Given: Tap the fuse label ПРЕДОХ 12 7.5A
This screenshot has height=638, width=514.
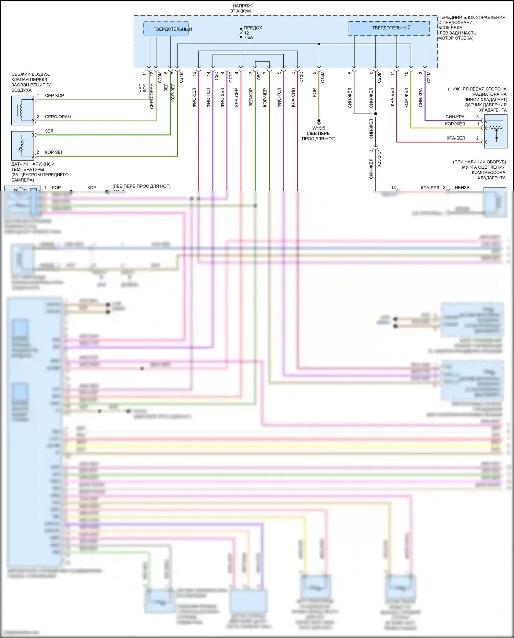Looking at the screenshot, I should tap(252, 33).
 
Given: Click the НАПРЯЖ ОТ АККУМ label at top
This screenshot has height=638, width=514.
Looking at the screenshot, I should tap(241, 8).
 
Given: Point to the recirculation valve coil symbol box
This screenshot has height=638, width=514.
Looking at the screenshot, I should tap(23, 110).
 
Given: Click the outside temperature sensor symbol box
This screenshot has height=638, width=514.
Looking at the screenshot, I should tap(23, 145).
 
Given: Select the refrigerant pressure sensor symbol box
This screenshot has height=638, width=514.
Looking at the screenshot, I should tap(495, 131).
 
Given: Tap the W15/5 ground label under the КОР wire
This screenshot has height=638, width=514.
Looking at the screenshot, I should tap(319, 128).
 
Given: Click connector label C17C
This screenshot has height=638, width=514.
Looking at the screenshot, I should tap(231, 77).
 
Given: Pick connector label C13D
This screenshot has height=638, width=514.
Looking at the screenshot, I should tap(302, 77).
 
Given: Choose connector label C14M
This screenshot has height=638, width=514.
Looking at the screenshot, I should tap(323, 77).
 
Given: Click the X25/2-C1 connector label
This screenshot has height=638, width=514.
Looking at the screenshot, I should tap(379, 158).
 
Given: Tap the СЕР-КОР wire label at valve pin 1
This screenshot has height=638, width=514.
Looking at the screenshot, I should tap(54, 96).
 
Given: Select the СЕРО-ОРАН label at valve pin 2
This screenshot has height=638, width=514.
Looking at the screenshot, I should tap(58, 117).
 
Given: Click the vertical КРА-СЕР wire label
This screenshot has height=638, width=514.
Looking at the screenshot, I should tap(236, 98).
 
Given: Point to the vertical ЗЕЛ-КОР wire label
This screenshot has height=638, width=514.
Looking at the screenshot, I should tap(251, 98).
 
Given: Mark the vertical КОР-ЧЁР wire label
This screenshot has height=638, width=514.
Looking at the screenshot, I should tap(265, 98).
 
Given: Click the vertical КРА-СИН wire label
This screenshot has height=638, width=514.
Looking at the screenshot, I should tap(293, 98).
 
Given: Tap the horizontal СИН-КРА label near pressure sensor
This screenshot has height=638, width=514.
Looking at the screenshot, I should tap(455, 117).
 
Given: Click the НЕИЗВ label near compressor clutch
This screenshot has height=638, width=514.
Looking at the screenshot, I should tap(462, 188).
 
